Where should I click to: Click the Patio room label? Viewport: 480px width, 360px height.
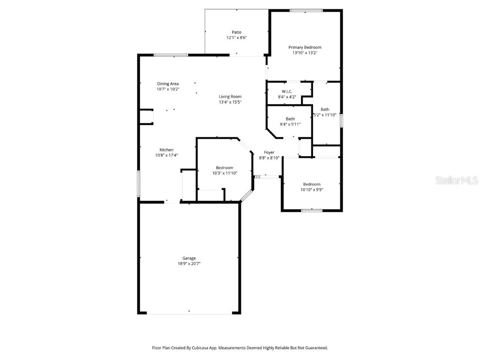(x=237, y=32)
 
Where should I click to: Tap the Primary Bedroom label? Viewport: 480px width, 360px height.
(x=305, y=47)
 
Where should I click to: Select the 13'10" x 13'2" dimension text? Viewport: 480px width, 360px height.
(x=305, y=53)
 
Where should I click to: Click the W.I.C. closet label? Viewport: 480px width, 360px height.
(x=287, y=91)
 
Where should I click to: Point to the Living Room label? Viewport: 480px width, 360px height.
(x=230, y=97)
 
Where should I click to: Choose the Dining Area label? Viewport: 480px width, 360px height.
(x=168, y=83)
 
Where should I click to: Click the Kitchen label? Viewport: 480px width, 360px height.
(x=166, y=150)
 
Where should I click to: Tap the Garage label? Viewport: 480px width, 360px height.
(x=189, y=258)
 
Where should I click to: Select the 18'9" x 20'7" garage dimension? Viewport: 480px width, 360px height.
(x=189, y=264)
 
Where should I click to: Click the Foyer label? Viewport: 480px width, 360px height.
(x=269, y=152)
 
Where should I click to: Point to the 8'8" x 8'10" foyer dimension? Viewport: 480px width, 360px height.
(x=269, y=158)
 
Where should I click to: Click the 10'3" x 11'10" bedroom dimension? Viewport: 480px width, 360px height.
(x=225, y=173)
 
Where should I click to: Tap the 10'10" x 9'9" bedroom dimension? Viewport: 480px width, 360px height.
(x=311, y=190)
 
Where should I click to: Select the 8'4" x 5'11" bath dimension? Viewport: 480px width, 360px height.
(x=290, y=124)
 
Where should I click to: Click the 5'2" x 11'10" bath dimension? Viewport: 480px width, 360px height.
(x=324, y=115)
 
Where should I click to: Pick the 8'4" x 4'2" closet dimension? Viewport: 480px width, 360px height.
(x=287, y=97)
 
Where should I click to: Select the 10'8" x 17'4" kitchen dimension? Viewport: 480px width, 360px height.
(x=166, y=156)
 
